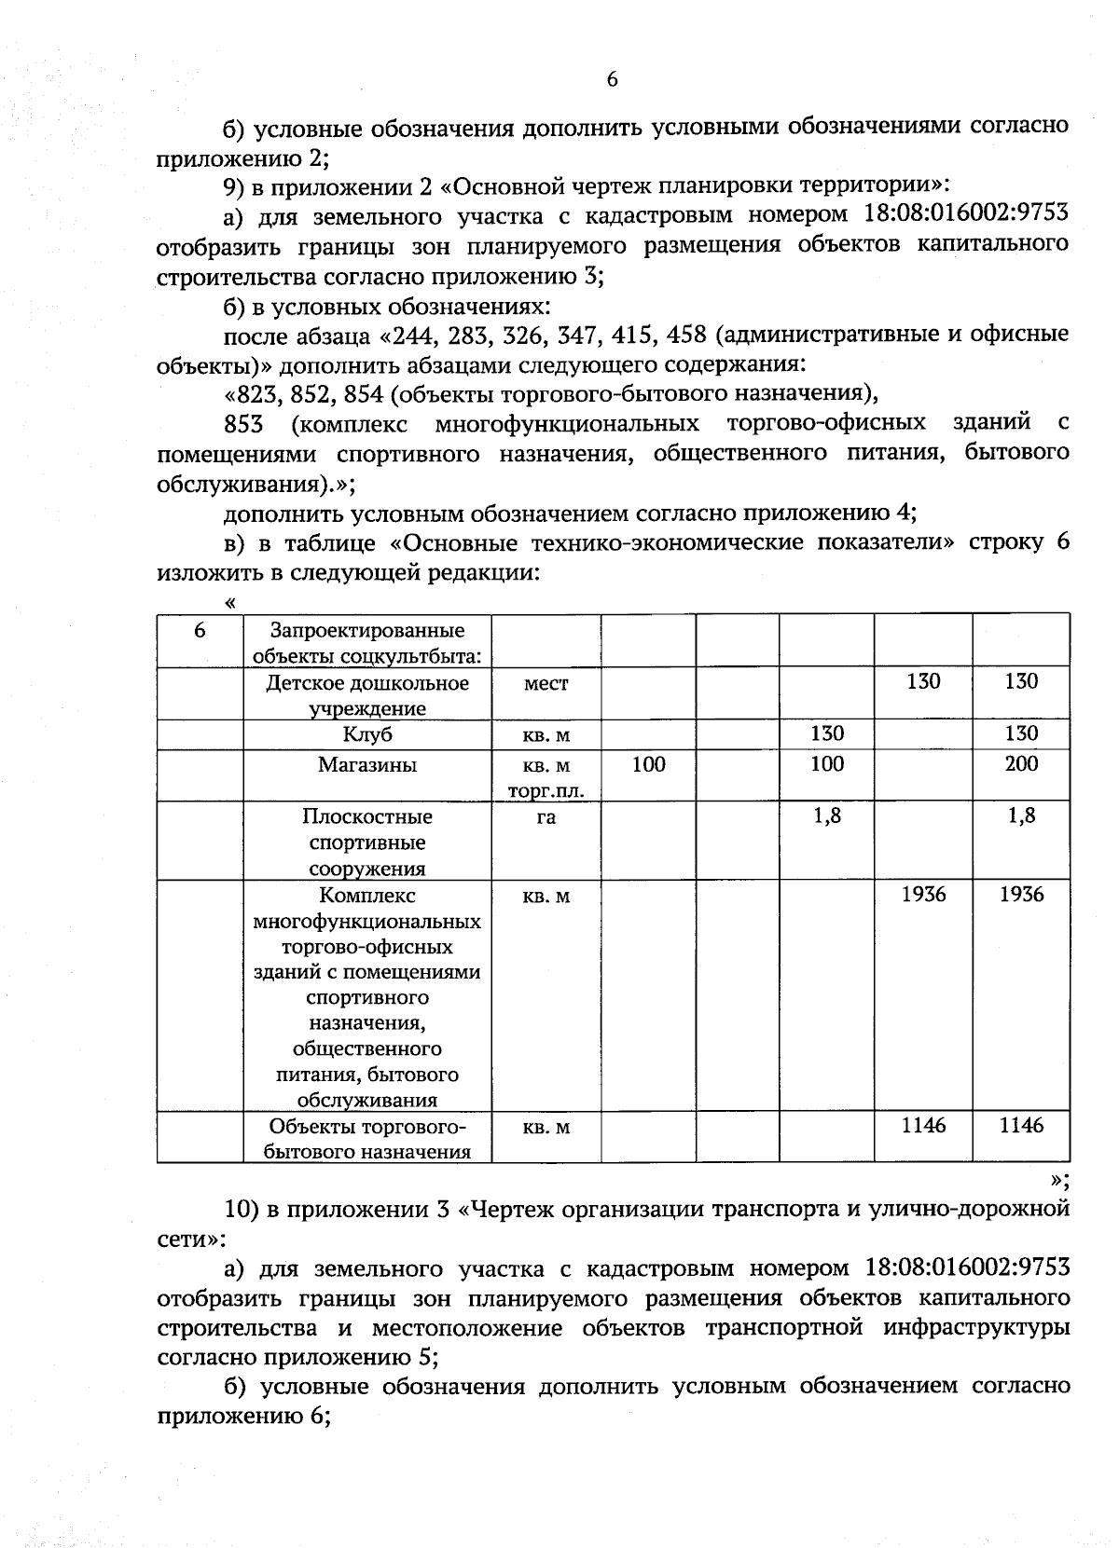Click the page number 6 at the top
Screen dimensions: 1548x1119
click(x=612, y=80)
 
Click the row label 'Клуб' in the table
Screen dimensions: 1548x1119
click(x=367, y=735)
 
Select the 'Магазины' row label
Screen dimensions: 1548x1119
click(x=367, y=766)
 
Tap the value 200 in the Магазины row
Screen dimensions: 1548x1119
click(x=1021, y=764)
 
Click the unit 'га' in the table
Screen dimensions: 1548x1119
click(x=546, y=817)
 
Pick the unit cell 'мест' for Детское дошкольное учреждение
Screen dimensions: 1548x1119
click(x=546, y=684)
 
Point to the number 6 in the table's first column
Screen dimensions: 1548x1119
click(x=200, y=631)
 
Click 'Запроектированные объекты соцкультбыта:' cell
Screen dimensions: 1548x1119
click(x=367, y=644)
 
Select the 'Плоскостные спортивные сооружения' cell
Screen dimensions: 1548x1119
click(x=367, y=842)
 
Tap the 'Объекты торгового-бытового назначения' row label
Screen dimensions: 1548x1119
click(x=367, y=1139)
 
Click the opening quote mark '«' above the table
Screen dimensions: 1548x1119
click(x=230, y=603)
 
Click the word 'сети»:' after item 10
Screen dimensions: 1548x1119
click(x=190, y=1240)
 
